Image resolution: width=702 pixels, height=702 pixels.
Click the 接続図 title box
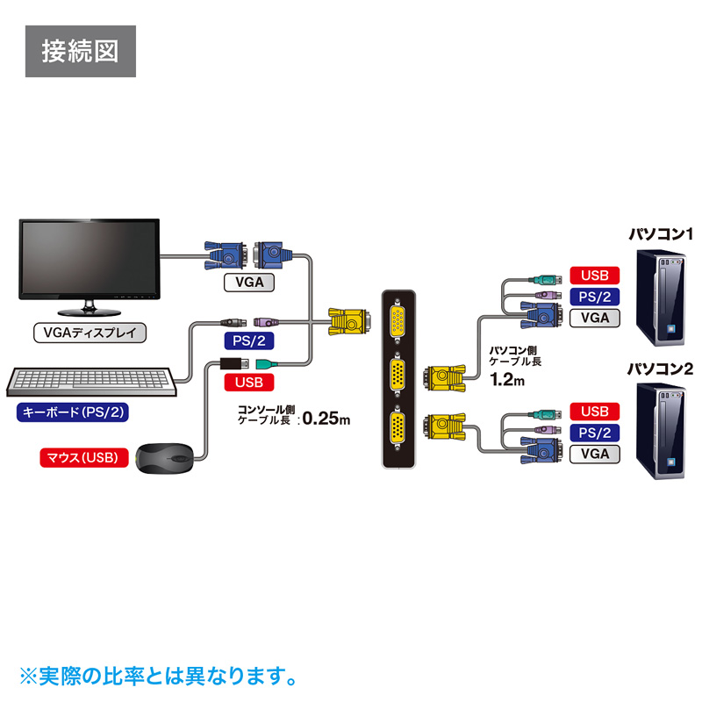coord(80,52)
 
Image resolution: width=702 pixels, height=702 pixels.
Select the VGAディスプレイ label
coord(89,333)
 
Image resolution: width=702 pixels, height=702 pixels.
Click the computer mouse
coord(167,458)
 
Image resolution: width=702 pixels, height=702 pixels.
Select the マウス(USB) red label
coord(84,457)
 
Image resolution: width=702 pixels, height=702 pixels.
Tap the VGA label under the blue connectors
coord(249,283)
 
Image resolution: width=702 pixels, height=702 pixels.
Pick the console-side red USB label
coord(249,382)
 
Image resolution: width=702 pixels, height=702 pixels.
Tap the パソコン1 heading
coord(661,234)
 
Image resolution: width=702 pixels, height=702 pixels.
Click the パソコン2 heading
coord(661,369)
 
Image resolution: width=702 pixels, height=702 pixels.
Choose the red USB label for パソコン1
coord(594,276)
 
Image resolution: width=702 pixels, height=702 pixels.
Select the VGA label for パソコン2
coord(594,454)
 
